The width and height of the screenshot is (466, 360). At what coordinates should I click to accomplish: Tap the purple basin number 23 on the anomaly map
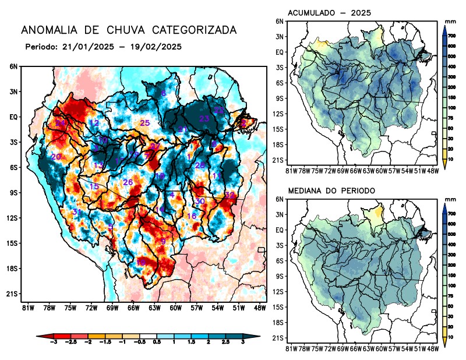point(204,118)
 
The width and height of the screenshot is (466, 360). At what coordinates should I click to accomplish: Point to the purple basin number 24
point(60,123)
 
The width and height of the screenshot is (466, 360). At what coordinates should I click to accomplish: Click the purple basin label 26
point(128,182)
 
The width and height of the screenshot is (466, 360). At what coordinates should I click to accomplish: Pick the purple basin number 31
point(76,211)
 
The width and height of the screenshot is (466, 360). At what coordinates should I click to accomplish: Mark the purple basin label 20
point(56,157)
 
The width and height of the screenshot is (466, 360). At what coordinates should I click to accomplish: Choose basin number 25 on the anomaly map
point(145,122)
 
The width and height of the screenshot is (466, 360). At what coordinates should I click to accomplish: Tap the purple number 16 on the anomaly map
point(191,216)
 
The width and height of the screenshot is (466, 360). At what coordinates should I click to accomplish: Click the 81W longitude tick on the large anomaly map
point(26,307)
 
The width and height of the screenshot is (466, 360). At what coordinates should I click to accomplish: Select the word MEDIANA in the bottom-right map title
point(308,190)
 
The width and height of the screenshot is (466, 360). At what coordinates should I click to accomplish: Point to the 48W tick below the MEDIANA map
point(433,348)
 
